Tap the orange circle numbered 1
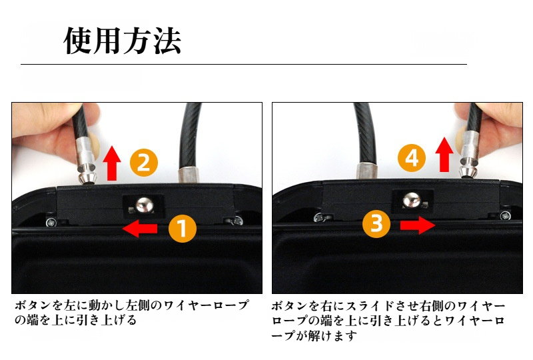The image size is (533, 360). pos(182,229)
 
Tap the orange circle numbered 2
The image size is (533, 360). pos(143,162)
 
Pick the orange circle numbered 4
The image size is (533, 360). pos(412,157)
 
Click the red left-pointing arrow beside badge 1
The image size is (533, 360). pos(140,229)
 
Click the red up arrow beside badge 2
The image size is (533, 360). pos(112,162)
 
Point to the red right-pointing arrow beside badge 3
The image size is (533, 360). pos(416,225)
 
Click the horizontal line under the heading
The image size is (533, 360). pos(243,65)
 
